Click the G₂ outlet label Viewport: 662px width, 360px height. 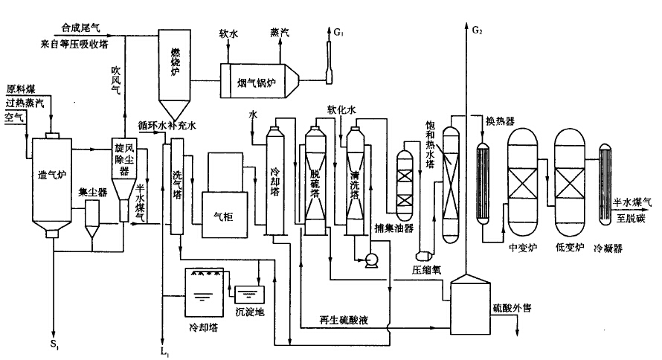(x=477, y=30)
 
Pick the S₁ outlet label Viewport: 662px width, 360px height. (x=54, y=344)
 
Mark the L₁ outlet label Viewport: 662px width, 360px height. (x=164, y=349)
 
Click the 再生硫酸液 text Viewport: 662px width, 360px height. (x=344, y=321)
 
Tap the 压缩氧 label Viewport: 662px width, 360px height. (x=428, y=269)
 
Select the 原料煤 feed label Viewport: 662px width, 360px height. (x=20, y=89)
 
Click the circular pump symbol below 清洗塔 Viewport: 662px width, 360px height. (x=368, y=259)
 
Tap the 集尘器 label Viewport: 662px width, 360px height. (x=90, y=193)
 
